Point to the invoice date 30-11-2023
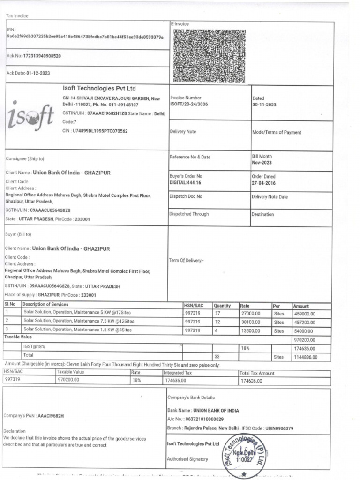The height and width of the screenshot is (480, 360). pos(264,105)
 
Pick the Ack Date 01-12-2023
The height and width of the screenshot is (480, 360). pos(38,73)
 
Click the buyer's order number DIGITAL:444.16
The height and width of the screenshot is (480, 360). pos(185,183)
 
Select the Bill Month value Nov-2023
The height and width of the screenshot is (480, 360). pos(262,163)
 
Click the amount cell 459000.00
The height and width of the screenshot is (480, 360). pos(305,314)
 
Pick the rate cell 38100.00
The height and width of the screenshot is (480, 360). pos(250,322)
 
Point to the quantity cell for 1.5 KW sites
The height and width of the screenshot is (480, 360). pos(217,330)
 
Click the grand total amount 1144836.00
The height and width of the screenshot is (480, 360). pos(306,357)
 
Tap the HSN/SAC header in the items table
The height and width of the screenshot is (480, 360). pos(193,306)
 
